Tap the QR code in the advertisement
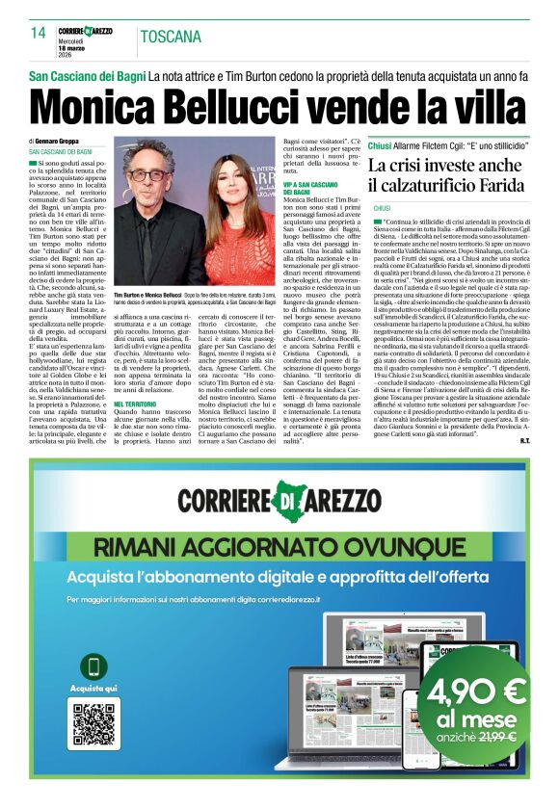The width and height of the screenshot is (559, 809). (x=93, y=723)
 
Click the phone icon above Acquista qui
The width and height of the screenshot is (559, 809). (x=93, y=666)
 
